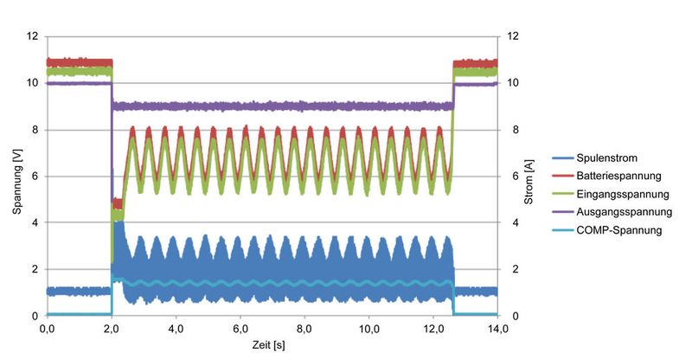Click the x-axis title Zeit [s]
pyautogui.click(x=272, y=345)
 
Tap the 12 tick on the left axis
pyautogui.click(x=33, y=36)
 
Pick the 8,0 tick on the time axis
pyautogui.click(x=305, y=329)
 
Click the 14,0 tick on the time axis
pyautogui.click(x=497, y=329)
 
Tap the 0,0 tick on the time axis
pyautogui.click(x=48, y=329)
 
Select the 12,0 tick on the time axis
pyautogui.click(x=433, y=329)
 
